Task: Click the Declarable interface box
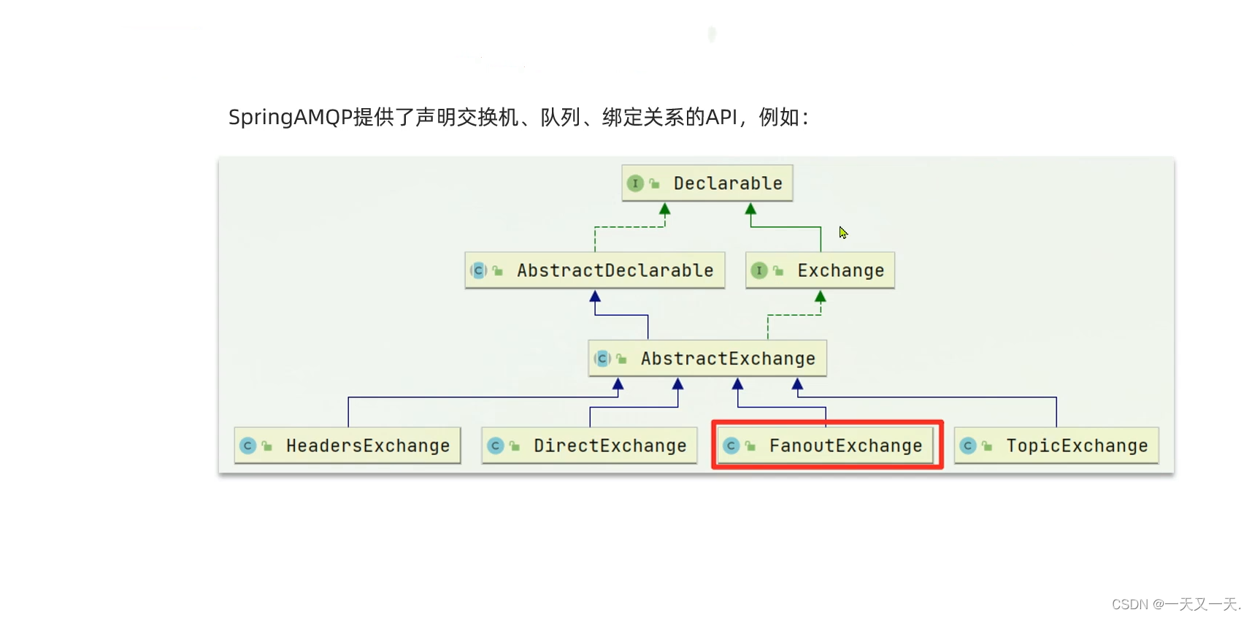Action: (x=707, y=183)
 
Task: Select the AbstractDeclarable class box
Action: (x=594, y=270)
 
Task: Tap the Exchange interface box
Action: (x=820, y=270)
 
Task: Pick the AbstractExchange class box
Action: (x=707, y=359)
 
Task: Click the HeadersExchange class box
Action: (x=347, y=446)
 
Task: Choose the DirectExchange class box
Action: (x=589, y=446)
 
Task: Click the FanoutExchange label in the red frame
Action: (x=845, y=446)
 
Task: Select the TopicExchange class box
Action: (x=1056, y=446)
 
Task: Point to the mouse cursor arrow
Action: (x=842, y=232)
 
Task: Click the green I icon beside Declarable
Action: (x=635, y=183)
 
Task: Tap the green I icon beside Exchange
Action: (x=759, y=270)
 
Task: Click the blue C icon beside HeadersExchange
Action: (x=247, y=446)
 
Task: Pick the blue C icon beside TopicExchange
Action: (x=967, y=446)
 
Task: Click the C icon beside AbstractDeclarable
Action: (x=478, y=270)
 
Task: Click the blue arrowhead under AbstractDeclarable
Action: (x=595, y=296)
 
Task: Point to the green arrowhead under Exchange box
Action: (x=821, y=296)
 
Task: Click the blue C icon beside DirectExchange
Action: (x=495, y=446)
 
